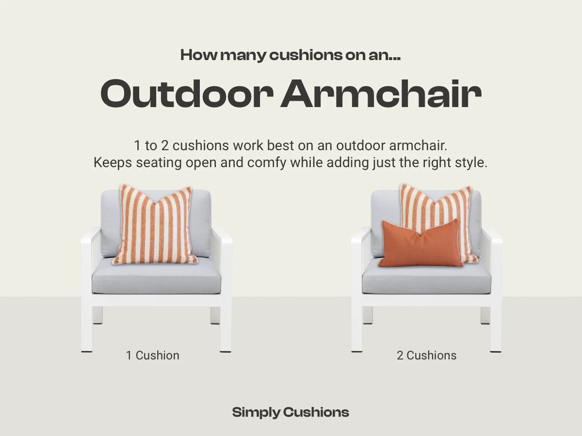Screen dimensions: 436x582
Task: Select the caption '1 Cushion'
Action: pyautogui.click(x=153, y=355)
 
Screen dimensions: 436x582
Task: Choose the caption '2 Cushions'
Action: pyautogui.click(x=426, y=355)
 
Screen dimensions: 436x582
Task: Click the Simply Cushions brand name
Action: pyautogui.click(x=291, y=412)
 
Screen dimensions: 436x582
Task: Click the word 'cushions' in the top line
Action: pyautogui.click(x=300, y=55)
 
